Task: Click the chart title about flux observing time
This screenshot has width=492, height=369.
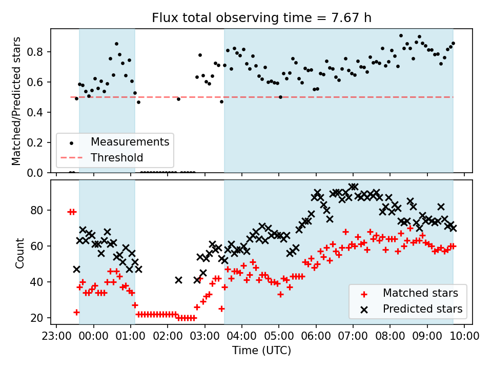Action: point(261,18)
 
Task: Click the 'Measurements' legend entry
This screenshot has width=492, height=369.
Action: point(130,141)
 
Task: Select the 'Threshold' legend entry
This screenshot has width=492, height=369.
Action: point(117,157)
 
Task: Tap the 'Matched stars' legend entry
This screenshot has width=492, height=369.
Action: point(420,293)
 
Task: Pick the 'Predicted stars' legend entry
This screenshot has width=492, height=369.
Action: point(423,309)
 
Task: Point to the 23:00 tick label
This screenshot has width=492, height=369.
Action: point(56,336)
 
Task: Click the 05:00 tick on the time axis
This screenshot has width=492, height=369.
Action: point(279,336)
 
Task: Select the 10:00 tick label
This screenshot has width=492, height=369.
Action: point(464,336)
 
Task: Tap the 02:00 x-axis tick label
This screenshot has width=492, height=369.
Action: point(168,336)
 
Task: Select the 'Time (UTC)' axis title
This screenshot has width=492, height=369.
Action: point(261,351)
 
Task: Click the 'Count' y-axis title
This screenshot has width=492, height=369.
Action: point(20,253)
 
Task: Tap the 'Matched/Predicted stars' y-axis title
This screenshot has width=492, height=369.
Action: point(16,101)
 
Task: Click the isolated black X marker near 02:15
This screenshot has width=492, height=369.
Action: point(178,280)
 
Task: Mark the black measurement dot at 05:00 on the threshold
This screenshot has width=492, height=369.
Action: point(280,97)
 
